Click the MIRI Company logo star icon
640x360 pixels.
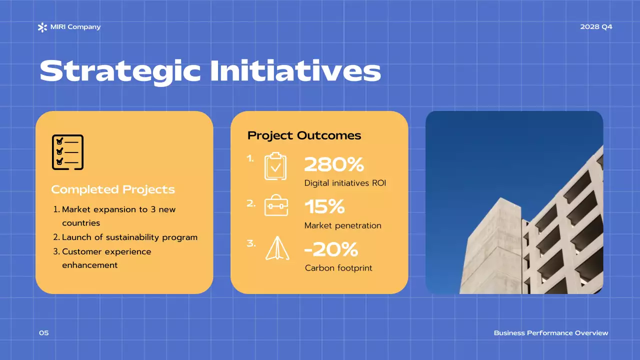click(42, 27)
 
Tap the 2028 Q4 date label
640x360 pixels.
click(596, 27)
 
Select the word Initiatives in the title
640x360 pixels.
click(295, 71)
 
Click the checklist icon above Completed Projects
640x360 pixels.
click(67, 152)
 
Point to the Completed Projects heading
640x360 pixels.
click(113, 189)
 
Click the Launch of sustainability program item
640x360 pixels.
click(129, 237)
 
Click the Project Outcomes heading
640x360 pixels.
click(304, 135)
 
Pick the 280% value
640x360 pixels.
click(333, 164)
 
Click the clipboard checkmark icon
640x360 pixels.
click(275, 166)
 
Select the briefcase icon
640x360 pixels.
click(276, 205)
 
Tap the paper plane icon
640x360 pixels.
click(276, 248)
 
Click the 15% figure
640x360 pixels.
click(324, 206)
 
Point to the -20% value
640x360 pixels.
click(331, 248)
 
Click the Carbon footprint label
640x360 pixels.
click(338, 268)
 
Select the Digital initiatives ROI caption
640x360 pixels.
click(345, 183)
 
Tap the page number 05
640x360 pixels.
click(44, 333)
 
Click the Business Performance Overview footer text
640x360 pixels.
click(551, 333)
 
